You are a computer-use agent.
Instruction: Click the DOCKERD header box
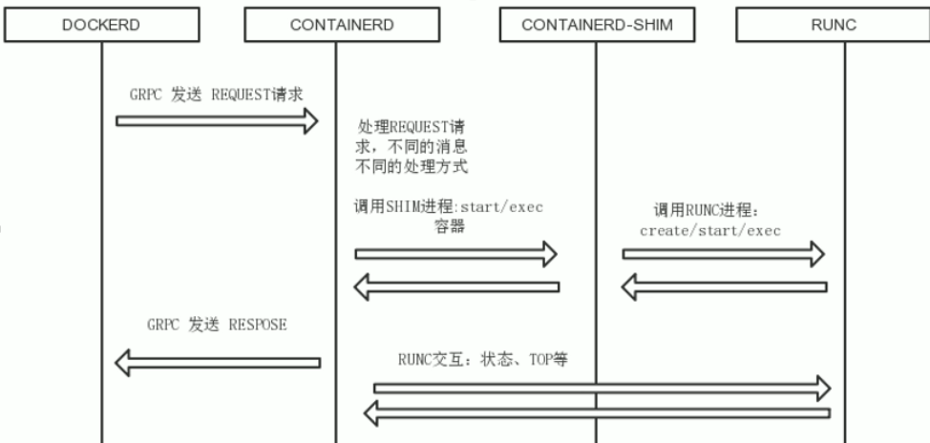tap(100, 25)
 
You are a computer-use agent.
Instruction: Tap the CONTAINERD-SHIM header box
tap(597, 25)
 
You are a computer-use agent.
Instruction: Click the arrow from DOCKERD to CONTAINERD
tap(217, 121)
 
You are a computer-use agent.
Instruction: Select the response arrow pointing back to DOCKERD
tap(217, 362)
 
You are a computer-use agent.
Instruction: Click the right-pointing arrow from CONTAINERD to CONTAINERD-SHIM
tap(455, 254)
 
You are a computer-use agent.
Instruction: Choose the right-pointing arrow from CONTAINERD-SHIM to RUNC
tap(724, 254)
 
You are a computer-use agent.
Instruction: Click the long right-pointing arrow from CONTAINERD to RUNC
tap(602, 387)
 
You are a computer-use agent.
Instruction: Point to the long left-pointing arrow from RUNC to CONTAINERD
tap(602, 412)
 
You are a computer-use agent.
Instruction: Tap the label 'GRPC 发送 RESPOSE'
tap(217, 325)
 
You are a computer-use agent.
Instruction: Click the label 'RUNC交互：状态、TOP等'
tap(483, 360)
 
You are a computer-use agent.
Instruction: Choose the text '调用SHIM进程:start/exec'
tap(450, 207)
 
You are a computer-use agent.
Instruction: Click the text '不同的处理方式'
tap(412, 167)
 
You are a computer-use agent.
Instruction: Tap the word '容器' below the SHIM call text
tap(449, 227)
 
